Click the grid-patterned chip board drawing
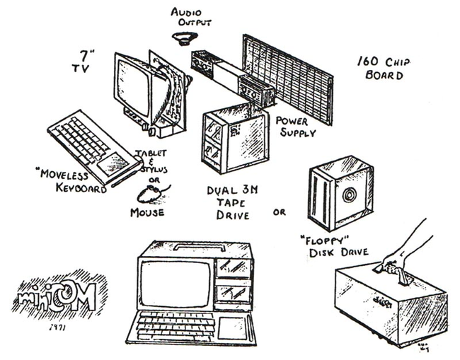287,78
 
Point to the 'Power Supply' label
296,125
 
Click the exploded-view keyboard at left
88,146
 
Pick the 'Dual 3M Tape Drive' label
228,202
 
